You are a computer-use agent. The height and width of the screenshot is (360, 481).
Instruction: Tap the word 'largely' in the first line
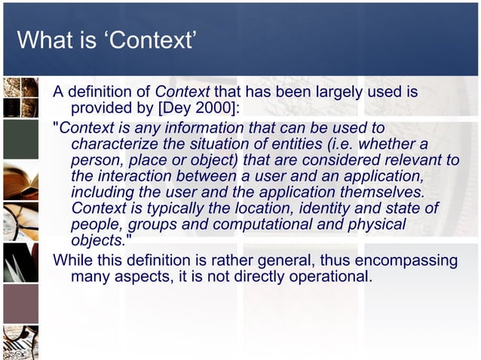tap(329, 93)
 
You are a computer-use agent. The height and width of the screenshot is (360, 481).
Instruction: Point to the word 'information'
tap(219, 127)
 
